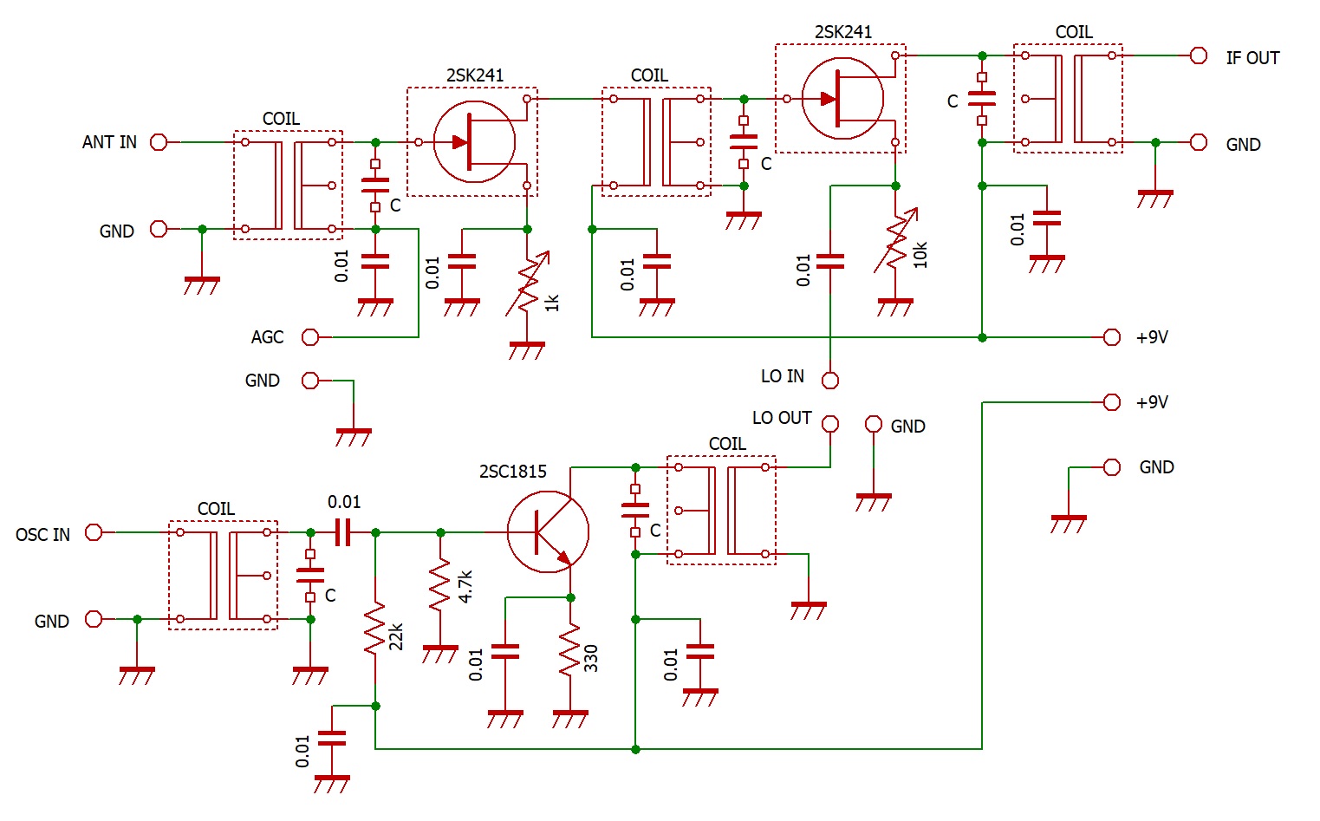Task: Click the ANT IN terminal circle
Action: point(159,142)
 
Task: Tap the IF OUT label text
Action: point(1252,58)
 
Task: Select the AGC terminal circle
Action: point(310,337)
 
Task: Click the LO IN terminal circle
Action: point(829,381)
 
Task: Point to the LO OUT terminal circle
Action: point(829,424)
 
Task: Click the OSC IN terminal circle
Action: point(94,532)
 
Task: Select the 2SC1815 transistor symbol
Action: point(548,531)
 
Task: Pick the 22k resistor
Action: point(375,629)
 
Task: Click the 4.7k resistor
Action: point(440,585)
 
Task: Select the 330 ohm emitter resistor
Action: point(569,650)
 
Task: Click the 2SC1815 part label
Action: point(513,472)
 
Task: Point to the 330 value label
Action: point(591,658)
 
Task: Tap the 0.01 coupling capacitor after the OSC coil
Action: point(343,532)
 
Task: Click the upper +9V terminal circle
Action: point(1111,337)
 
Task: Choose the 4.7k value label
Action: point(465,586)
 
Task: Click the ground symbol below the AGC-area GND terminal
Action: point(354,437)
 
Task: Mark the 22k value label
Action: point(396,636)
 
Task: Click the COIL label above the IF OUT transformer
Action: point(1074,32)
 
